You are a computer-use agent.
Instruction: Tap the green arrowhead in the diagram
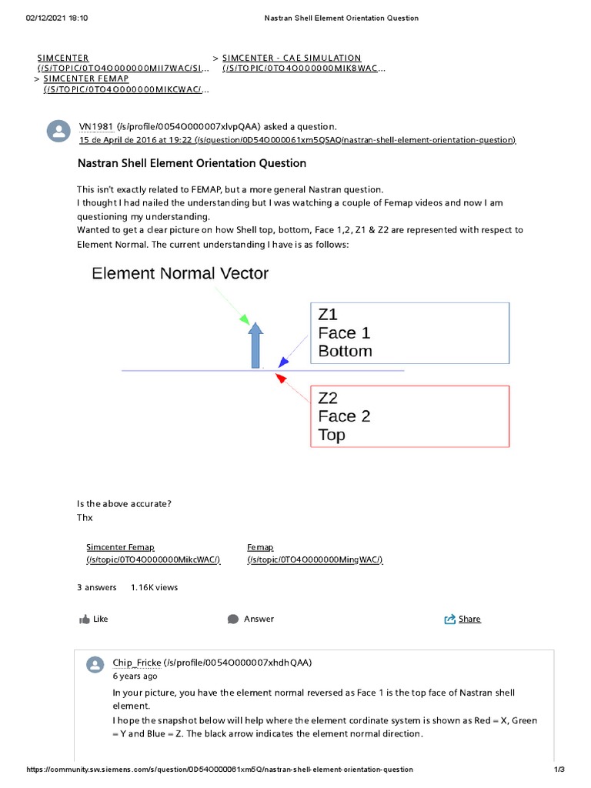(245, 318)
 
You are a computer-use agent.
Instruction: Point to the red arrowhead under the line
(280, 378)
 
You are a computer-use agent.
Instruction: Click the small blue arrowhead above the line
(283, 362)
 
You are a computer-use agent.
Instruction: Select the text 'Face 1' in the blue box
(344, 332)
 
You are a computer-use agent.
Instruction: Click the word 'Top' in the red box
(332, 435)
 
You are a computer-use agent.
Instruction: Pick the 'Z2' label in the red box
(328, 398)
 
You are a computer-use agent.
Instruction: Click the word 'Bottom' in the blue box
(345, 351)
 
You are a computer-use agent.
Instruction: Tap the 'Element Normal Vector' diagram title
(180, 273)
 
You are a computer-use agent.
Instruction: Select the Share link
(469, 619)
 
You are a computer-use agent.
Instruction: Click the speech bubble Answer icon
(233, 619)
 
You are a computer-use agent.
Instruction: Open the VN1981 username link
(96, 126)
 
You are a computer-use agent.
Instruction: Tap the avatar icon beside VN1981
(58, 132)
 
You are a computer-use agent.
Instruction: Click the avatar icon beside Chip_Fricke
(95, 666)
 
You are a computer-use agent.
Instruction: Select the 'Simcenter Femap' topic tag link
(120, 546)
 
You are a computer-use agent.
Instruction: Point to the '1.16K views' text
(154, 587)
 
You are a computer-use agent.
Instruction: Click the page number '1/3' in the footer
(559, 770)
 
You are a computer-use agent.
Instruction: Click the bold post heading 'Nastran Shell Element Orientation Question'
(192, 163)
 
